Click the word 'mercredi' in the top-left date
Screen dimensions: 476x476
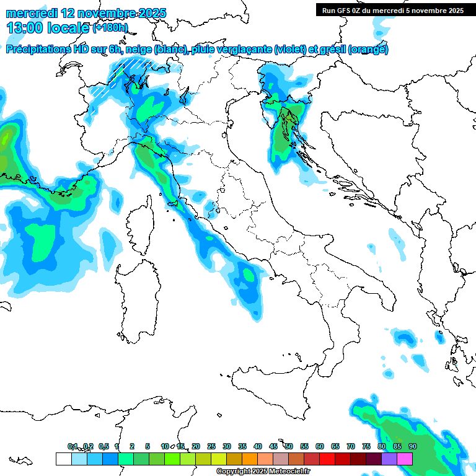pyautogui.click(x=31, y=12)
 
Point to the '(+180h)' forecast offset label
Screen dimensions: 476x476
pyautogui.click(x=110, y=28)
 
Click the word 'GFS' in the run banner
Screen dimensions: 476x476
pyautogui.click(x=348, y=11)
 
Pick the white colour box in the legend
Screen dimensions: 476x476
pyautogui.click(x=63, y=459)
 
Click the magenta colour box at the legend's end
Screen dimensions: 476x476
pyautogui.click(x=405, y=459)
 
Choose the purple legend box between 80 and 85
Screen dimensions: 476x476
pyautogui.click(x=389, y=459)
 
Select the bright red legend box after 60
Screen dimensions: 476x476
pyautogui.click(x=327, y=459)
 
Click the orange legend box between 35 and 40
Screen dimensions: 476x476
pyautogui.click(x=250, y=459)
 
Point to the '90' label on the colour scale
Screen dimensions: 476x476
pyautogui.click(x=412, y=446)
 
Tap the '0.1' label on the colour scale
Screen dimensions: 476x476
pyautogui.click(x=73, y=446)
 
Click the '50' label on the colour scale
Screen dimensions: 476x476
pyautogui.click(x=289, y=446)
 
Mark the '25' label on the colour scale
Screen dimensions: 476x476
pyautogui.click(x=211, y=446)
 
